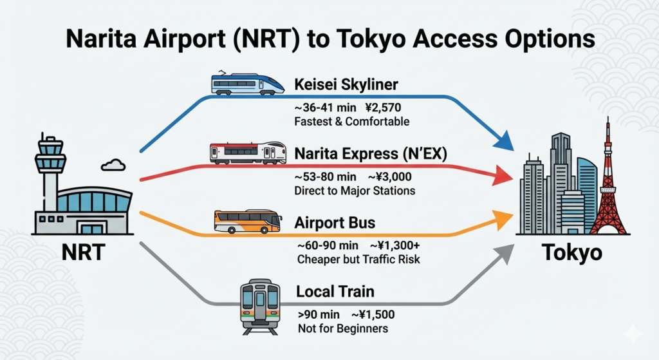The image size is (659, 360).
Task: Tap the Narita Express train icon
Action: [248, 153]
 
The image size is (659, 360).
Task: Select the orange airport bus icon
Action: [247, 222]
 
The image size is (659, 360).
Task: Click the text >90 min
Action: [317, 315]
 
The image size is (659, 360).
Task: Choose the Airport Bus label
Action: [335, 223]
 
